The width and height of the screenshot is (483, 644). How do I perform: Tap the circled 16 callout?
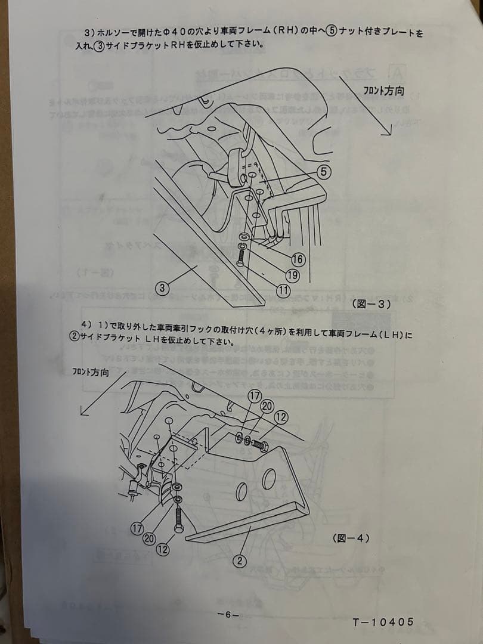tap(298, 259)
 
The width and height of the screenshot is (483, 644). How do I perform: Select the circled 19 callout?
tap(292, 275)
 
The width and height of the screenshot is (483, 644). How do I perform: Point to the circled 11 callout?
tap(283, 290)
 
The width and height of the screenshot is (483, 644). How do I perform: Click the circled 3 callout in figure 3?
tap(161, 288)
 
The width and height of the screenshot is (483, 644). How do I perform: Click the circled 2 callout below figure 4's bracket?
tap(239, 561)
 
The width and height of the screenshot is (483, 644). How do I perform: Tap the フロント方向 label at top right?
tap(383, 91)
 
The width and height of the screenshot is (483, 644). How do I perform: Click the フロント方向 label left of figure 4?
tap(91, 373)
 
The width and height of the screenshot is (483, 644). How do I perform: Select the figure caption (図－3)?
tap(371, 304)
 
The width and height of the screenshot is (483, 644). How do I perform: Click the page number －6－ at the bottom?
tap(228, 615)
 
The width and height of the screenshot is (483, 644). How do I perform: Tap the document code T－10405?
tap(383, 622)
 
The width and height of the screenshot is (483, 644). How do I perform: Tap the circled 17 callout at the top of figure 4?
tap(255, 396)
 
